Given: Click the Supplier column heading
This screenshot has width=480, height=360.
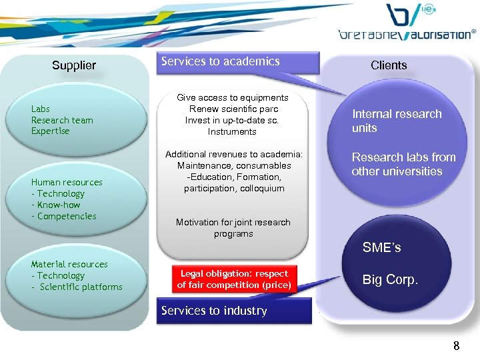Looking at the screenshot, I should tap(74, 65).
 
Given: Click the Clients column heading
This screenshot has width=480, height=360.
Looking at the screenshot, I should tap(389, 65).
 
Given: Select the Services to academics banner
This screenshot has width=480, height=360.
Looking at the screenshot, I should tap(221, 61).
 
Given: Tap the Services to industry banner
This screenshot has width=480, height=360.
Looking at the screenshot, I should tap(214, 311).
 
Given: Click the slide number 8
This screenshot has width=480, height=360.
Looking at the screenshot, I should tap(456, 345).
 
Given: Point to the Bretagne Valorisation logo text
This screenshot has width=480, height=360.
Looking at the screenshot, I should tap(407, 33).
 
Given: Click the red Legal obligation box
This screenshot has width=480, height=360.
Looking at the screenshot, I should tap(234, 279).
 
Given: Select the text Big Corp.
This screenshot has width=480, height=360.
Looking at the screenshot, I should tap(390, 280).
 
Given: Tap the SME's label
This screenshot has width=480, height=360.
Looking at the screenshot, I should tap(381, 248).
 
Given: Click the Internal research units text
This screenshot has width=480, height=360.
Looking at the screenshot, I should tap(397, 121).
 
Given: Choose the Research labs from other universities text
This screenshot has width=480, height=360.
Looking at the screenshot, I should tap(403, 164).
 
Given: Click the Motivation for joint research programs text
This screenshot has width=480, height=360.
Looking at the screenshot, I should tap(233, 228).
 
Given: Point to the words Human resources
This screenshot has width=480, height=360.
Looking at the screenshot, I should tap(67, 182).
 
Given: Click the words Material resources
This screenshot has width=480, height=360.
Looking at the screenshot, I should tap(69, 264).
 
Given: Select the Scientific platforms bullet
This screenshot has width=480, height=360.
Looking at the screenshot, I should tap(80, 287).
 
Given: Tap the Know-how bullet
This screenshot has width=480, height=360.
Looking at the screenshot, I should tap(58, 205).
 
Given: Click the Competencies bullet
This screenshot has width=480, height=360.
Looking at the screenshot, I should tap(66, 216).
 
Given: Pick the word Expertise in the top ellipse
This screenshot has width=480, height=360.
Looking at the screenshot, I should tap(51, 131).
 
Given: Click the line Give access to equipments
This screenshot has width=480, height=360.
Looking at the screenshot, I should tap(233, 97).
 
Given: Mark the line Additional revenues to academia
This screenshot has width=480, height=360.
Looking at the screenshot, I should tap(234, 154).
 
